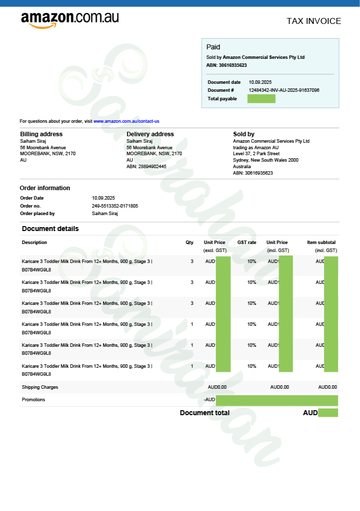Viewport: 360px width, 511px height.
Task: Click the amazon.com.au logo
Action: (70, 19)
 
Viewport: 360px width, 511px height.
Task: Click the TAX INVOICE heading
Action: (314, 21)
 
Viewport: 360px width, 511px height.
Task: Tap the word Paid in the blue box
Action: (213, 47)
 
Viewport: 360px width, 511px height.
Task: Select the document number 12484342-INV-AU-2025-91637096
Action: (284, 90)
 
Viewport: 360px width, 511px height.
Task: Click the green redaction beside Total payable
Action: (261, 99)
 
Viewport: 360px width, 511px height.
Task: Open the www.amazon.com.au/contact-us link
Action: (126, 121)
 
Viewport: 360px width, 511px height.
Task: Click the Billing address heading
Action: (41, 134)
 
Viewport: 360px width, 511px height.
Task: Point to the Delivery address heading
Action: (150, 134)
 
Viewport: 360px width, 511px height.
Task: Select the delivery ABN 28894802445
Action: (146, 167)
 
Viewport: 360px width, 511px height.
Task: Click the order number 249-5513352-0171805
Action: (115, 206)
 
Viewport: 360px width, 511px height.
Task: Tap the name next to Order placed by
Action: (105, 214)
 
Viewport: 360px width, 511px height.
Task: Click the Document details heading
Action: (50, 229)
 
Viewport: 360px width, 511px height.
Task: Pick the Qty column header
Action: (189, 243)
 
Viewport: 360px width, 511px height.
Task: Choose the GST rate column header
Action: (247, 243)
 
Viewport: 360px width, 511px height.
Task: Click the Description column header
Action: (34, 243)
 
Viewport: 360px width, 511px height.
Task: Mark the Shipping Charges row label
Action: (40, 387)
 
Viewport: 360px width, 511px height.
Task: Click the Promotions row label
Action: (33, 400)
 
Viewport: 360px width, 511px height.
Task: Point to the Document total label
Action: (204, 413)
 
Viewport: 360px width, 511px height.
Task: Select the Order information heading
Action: (45, 188)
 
